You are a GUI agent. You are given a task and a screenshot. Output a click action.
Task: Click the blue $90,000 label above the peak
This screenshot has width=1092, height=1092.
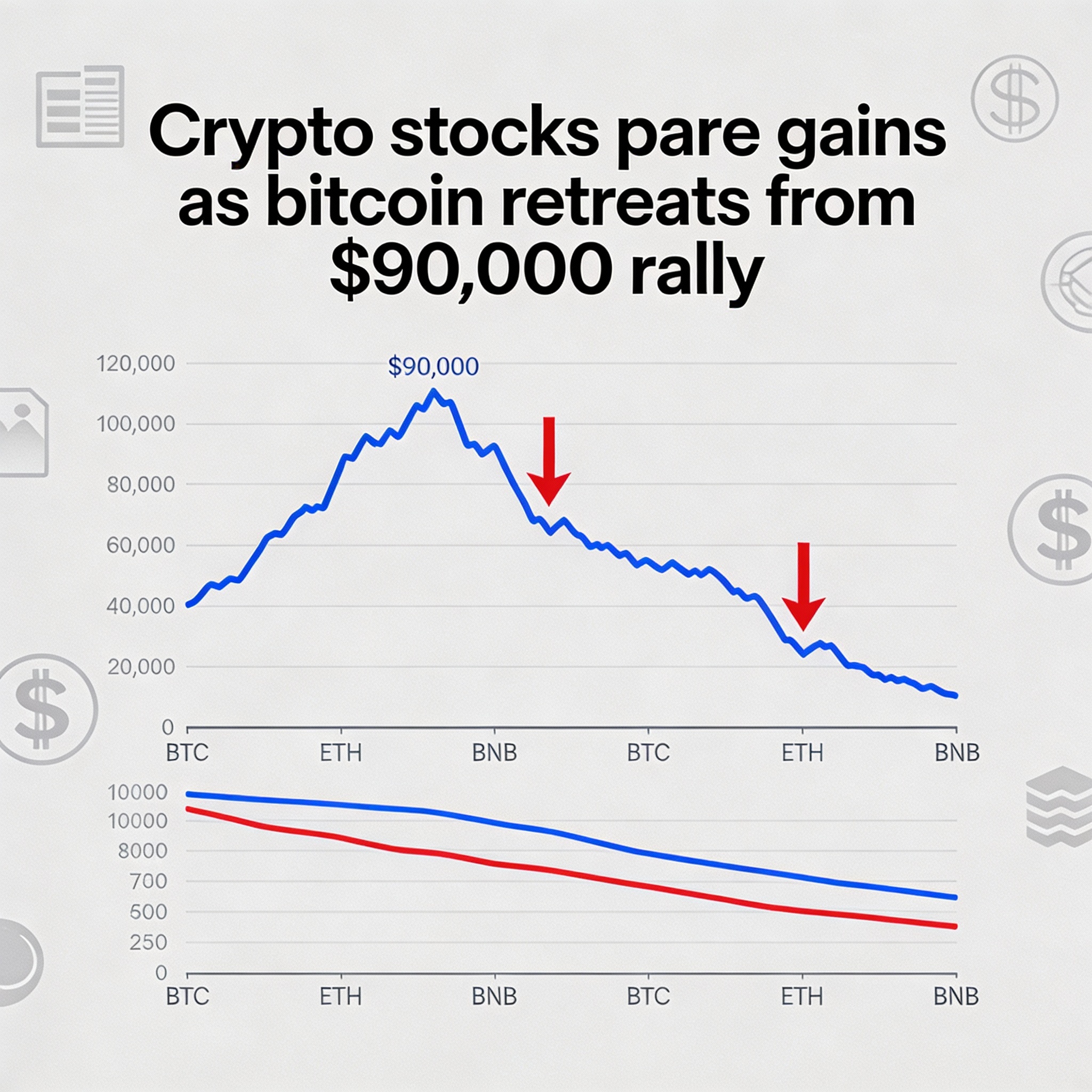(433, 367)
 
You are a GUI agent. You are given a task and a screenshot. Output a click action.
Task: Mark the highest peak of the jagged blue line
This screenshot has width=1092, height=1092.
(433, 391)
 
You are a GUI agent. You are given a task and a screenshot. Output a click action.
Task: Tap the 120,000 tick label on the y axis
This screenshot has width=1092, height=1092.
(135, 364)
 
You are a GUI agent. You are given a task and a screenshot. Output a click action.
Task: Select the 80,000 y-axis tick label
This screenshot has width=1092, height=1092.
(141, 484)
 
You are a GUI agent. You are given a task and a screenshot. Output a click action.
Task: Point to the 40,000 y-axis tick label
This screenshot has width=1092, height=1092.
(141, 606)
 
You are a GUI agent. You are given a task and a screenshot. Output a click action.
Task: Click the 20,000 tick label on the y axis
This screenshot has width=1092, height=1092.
(141, 667)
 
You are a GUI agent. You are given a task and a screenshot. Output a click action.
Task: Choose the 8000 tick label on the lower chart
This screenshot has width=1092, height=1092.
(142, 850)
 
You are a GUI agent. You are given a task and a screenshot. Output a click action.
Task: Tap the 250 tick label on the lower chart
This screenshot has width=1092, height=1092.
(148, 942)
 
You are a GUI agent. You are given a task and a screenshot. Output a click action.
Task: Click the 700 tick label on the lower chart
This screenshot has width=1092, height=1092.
(149, 881)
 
